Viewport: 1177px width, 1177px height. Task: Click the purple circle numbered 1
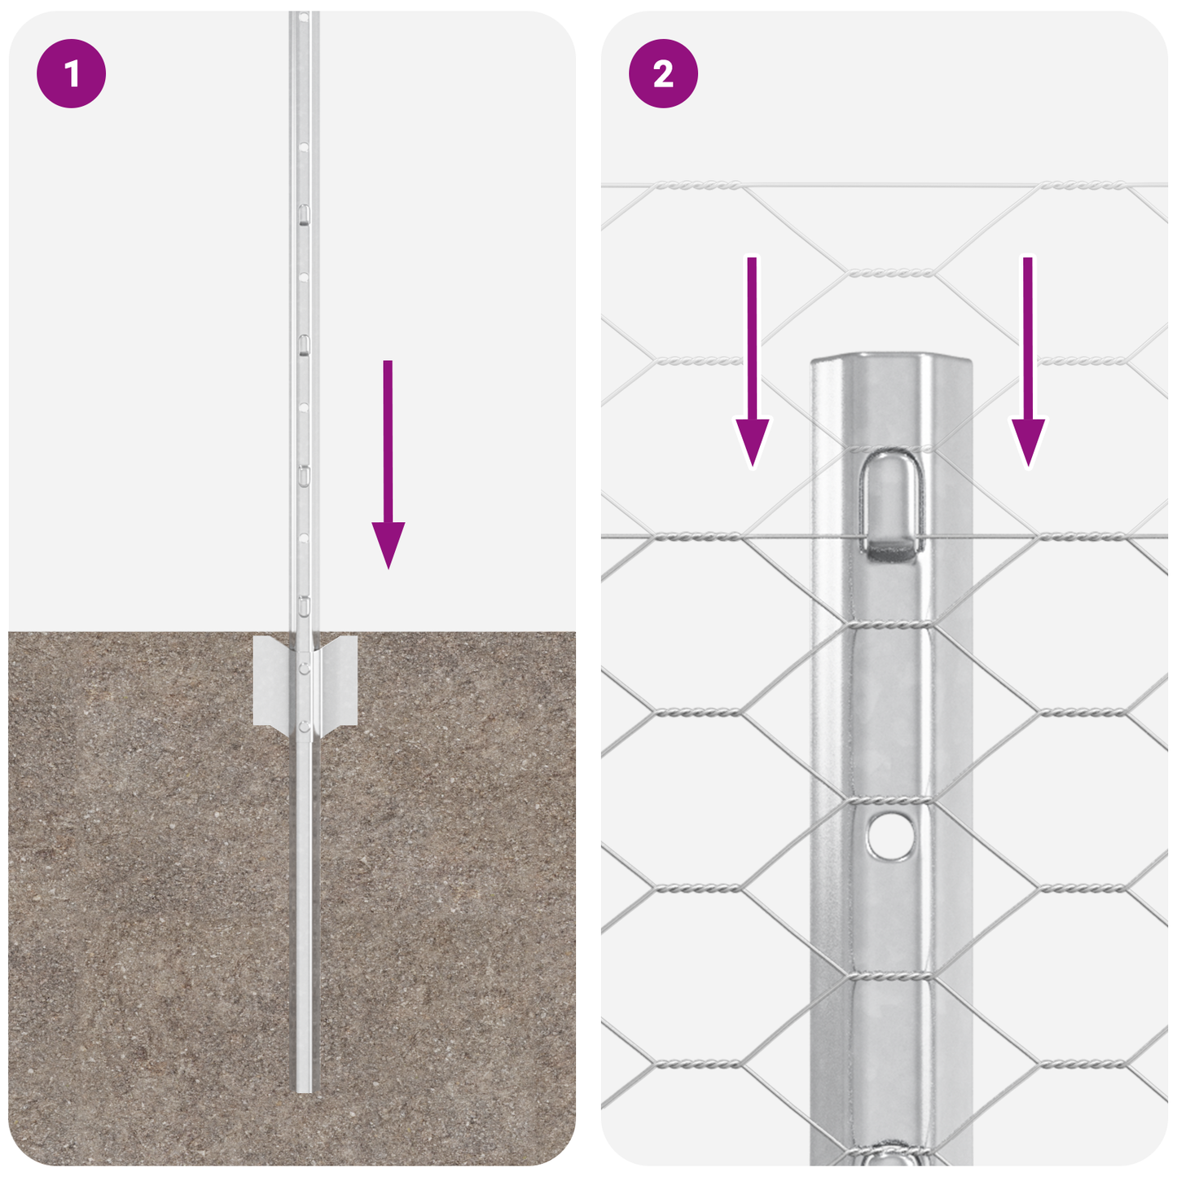tap(72, 74)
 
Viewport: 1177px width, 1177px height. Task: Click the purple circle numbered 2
tap(663, 74)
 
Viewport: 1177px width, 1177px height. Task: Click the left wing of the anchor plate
tap(273, 681)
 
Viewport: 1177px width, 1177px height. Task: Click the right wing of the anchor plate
tap(339, 681)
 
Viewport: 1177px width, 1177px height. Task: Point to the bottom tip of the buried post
tap(304, 1088)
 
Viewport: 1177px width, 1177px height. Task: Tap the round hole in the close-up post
tap(890, 836)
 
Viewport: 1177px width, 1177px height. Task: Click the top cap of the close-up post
tap(892, 360)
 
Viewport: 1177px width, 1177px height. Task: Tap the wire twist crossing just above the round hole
tap(890, 801)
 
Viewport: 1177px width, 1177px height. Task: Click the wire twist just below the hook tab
tap(890, 625)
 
